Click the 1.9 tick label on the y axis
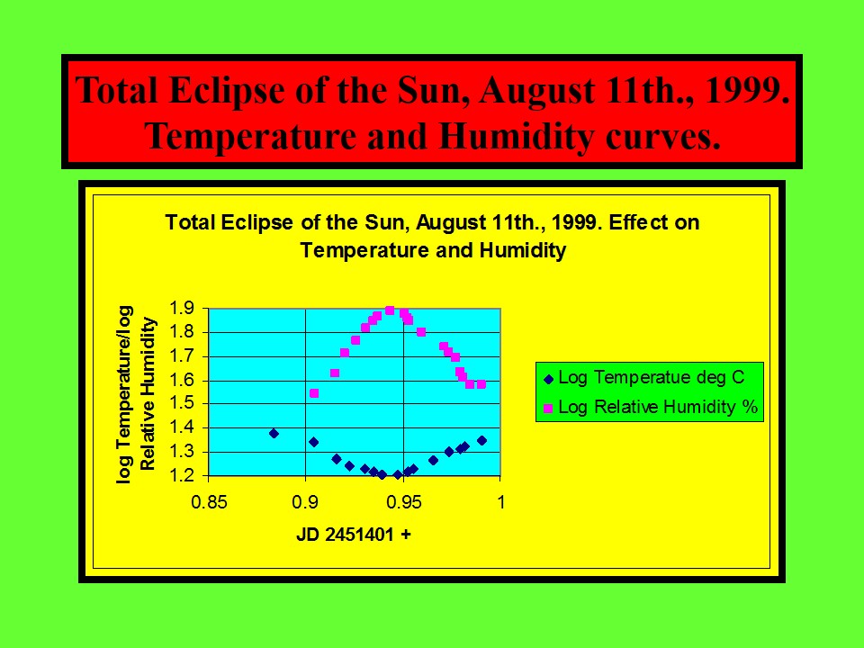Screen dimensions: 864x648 pyautogui.click(x=181, y=308)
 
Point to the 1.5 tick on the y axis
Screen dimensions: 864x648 pyautogui.click(x=181, y=403)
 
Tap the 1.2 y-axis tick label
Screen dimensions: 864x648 pyautogui.click(x=181, y=475)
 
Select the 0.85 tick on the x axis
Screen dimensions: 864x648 pyautogui.click(x=209, y=502)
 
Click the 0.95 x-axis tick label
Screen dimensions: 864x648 pyautogui.click(x=403, y=502)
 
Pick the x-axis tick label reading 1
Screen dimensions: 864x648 pyautogui.click(x=500, y=502)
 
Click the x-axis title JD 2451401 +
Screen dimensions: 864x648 pyautogui.click(x=354, y=535)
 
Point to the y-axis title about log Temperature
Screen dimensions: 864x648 pyautogui.click(x=136, y=394)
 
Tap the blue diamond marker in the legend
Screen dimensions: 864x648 pyautogui.click(x=548, y=379)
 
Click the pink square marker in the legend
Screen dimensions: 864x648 pyautogui.click(x=548, y=409)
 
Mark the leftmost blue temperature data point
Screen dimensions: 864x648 pyautogui.click(x=274, y=434)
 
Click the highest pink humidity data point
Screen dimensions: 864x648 pyautogui.click(x=390, y=310)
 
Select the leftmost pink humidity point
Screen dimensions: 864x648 pyautogui.click(x=314, y=393)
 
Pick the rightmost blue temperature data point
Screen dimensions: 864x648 pyautogui.click(x=481, y=440)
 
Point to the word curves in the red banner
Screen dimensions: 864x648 pyautogui.click(x=663, y=137)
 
